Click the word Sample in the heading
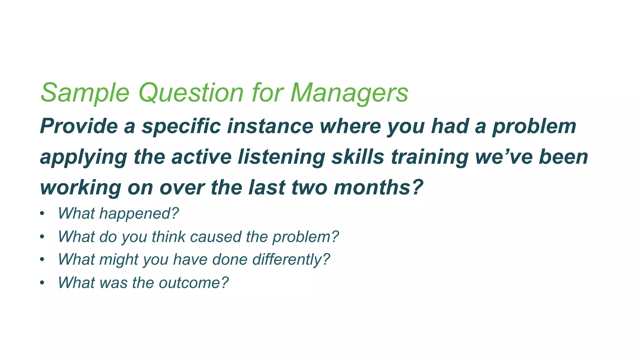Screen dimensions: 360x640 (x=85, y=93)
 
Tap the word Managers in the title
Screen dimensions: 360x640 (x=349, y=93)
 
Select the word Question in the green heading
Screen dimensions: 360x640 (x=191, y=93)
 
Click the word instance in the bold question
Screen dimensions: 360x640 (x=270, y=126)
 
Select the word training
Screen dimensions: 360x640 (x=429, y=157)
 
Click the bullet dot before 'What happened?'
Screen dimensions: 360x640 (x=42, y=214)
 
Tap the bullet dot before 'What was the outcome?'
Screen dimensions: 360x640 (x=42, y=283)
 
